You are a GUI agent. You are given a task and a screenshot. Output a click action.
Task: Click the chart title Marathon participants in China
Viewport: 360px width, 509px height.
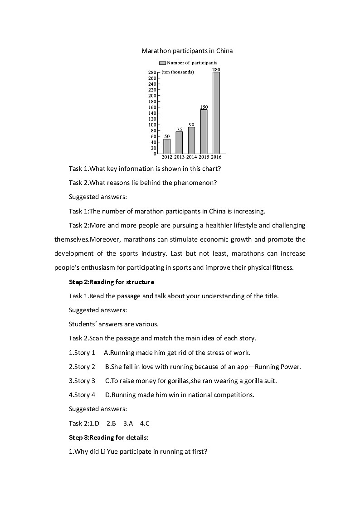point(187,51)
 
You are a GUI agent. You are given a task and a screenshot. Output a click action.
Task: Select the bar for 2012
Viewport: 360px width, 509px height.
point(167,146)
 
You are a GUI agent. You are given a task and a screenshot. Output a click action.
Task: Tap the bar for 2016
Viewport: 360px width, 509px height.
point(216,112)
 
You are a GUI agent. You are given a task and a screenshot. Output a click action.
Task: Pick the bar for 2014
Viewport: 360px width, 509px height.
point(191,140)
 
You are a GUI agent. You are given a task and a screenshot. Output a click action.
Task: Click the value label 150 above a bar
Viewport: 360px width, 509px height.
point(204,107)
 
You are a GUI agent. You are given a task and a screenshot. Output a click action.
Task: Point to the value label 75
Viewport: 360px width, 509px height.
point(179,129)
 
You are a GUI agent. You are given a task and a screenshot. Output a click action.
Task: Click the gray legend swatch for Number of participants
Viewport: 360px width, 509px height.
point(162,63)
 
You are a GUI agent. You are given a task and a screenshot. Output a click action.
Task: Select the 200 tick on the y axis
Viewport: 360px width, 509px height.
point(152,96)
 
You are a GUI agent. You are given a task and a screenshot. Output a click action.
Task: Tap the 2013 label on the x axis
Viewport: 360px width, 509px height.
point(179,157)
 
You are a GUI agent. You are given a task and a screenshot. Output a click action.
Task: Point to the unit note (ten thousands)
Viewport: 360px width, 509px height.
point(178,72)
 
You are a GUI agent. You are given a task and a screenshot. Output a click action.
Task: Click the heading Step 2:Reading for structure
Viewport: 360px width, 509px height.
point(112,282)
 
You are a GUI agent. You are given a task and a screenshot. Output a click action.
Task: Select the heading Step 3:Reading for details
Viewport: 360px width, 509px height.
point(108,437)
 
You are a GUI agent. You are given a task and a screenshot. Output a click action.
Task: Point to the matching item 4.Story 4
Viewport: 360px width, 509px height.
point(82,395)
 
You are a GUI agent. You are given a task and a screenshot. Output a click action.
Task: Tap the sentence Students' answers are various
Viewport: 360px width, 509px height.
point(114,324)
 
